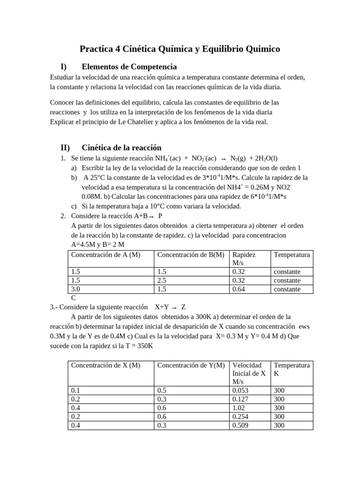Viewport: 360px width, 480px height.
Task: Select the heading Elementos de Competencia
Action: pos(129,67)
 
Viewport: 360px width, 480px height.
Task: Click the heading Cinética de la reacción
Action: pos(121,147)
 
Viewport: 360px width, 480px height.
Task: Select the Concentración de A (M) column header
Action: pos(105,255)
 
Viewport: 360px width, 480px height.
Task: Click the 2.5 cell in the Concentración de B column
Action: pos(162,280)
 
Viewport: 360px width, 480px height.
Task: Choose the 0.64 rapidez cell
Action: pos(239,289)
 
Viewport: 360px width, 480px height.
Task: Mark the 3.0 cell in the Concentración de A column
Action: pos(75,289)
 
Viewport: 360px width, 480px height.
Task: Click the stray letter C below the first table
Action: pos(73,298)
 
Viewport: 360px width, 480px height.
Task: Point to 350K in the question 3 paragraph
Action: pos(142,346)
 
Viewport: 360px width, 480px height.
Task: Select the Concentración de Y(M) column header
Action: pos(191,365)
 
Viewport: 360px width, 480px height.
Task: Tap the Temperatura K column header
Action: pos(292,369)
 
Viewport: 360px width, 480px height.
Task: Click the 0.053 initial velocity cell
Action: pos(241,390)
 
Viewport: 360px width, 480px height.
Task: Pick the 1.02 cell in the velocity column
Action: pos(239,408)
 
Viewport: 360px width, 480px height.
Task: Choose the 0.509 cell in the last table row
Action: pos(241,425)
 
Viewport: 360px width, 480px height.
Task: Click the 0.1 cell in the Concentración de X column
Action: pos(75,390)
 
